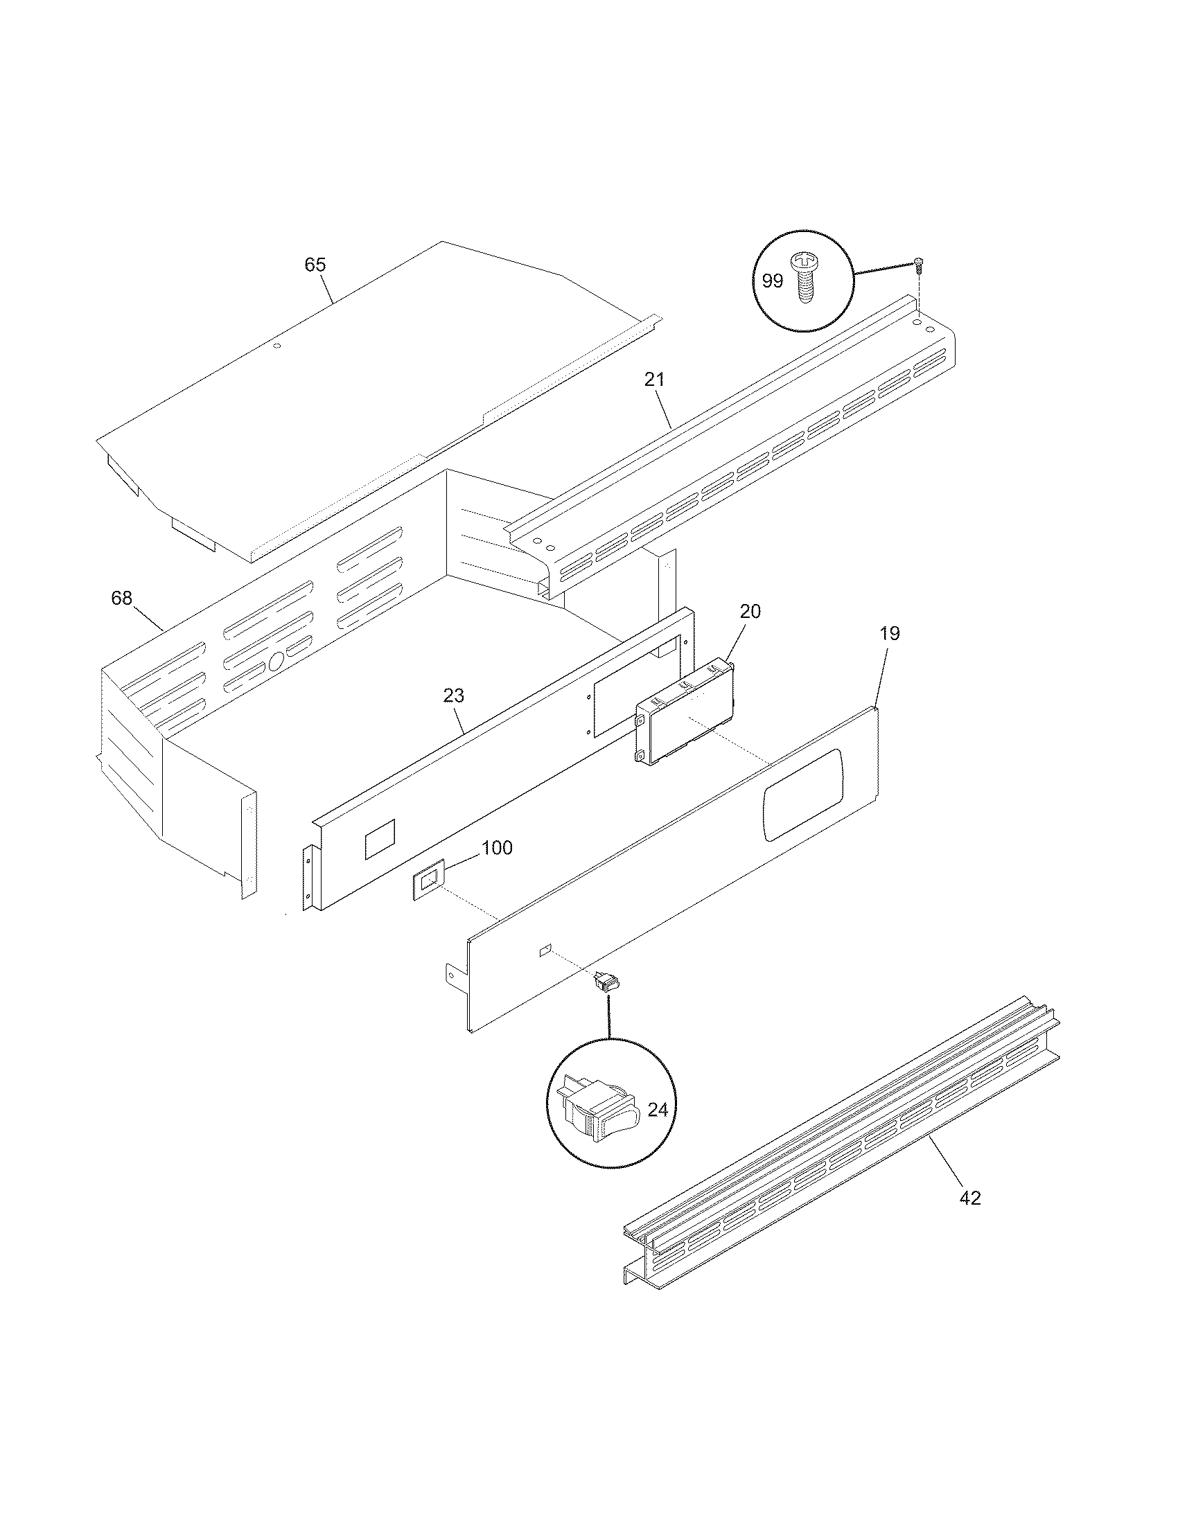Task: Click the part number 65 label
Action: (x=315, y=265)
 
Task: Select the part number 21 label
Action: (x=655, y=380)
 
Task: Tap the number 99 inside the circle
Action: (x=772, y=281)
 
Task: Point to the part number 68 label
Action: (x=121, y=598)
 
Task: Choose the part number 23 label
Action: (x=454, y=695)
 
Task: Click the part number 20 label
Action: (x=750, y=611)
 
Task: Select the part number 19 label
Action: (x=890, y=634)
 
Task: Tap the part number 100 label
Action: (x=497, y=848)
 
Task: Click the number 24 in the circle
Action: (x=658, y=1110)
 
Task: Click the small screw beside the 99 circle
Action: (x=919, y=263)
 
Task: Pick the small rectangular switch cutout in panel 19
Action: (x=545, y=950)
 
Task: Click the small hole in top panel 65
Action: (x=276, y=346)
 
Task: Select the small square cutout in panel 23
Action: (x=380, y=838)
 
